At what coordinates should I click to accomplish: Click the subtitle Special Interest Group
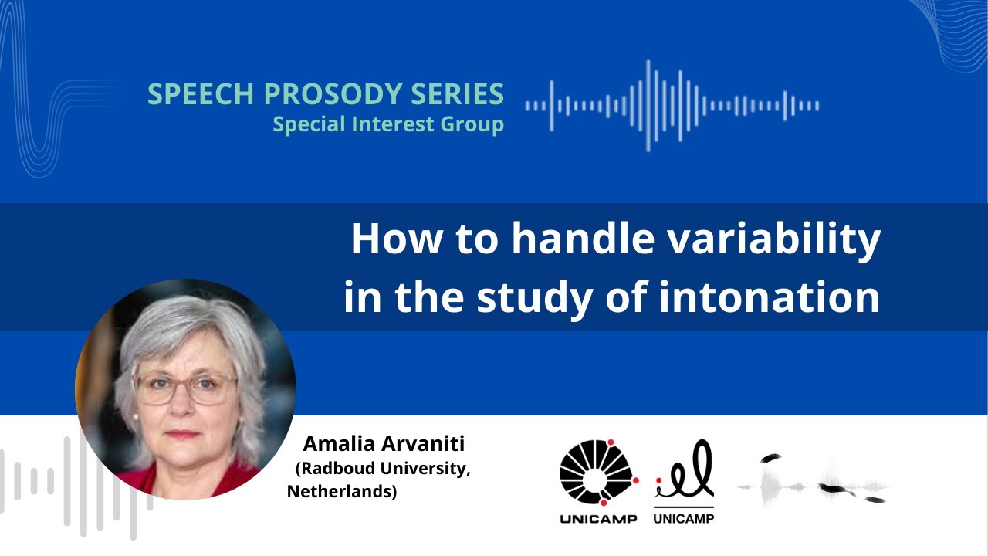tap(388, 124)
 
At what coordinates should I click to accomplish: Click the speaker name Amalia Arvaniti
tap(384, 444)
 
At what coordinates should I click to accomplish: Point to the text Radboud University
tap(383, 469)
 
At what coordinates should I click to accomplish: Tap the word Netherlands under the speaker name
tap(342, 492)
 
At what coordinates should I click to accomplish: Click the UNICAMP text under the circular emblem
tap(598, 519)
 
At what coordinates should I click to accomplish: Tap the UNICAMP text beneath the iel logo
tap(684, 519)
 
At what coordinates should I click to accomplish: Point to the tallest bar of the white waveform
tap(648, 105)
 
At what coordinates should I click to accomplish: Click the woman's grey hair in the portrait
tap(178, 324)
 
